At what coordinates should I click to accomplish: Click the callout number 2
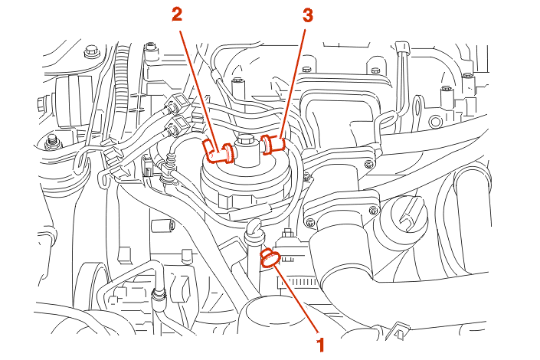pos(177,14)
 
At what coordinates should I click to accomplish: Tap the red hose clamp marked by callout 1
pos(270,258)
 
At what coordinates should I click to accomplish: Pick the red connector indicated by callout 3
pos(273,142)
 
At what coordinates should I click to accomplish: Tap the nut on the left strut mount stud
pos(54,140)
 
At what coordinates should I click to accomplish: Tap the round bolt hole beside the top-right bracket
pos(437,120)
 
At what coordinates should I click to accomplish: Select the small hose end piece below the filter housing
pos(252,226)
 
